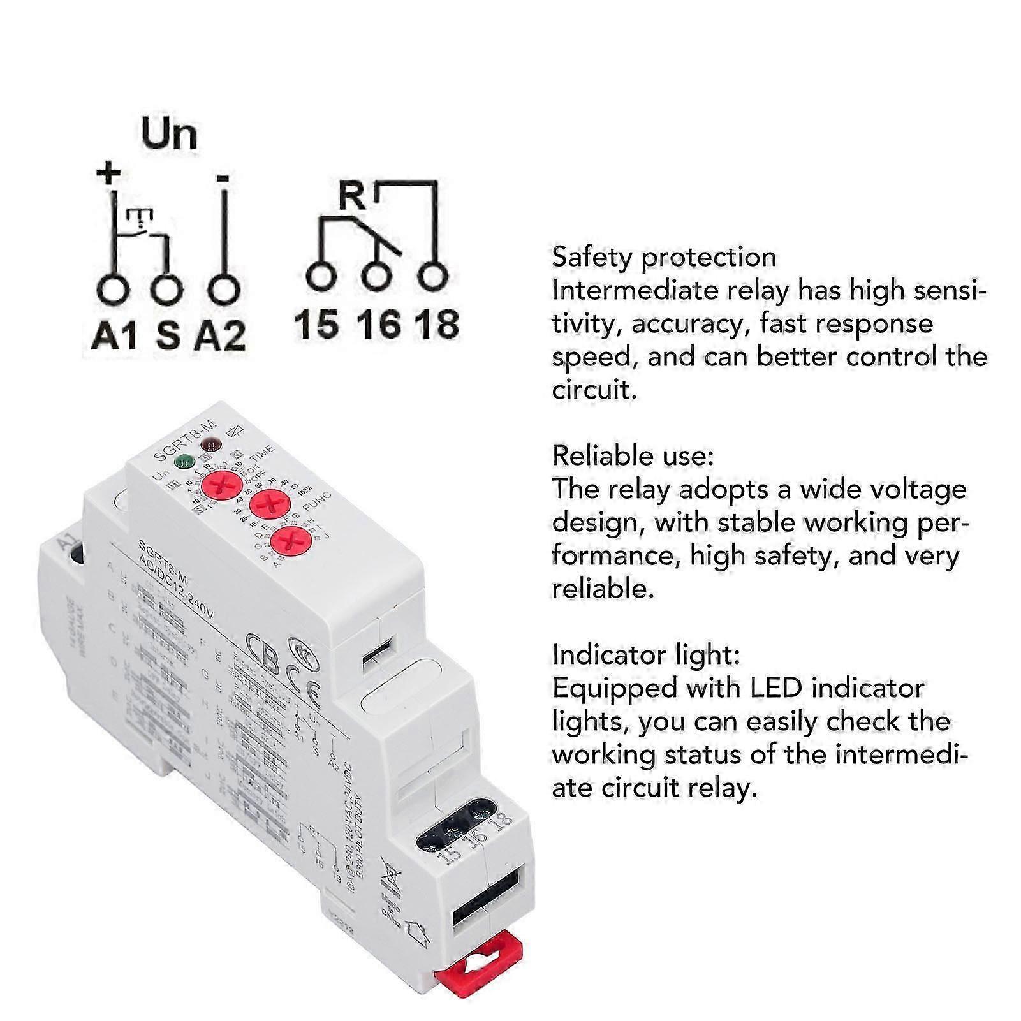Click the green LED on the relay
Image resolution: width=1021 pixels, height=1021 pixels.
(185, 460)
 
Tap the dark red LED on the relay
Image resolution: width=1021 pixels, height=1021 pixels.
(210, 444)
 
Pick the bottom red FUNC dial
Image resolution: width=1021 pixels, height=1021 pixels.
(290, 542)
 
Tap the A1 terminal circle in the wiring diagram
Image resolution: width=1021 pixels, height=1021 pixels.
(115, 290)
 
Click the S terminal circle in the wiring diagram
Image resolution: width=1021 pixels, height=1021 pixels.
(167, 290)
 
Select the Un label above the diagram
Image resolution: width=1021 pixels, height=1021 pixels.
(169, 134)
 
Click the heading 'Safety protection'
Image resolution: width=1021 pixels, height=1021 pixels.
(664, 257)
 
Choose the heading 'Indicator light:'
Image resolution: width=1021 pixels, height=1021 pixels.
(646, 654)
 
